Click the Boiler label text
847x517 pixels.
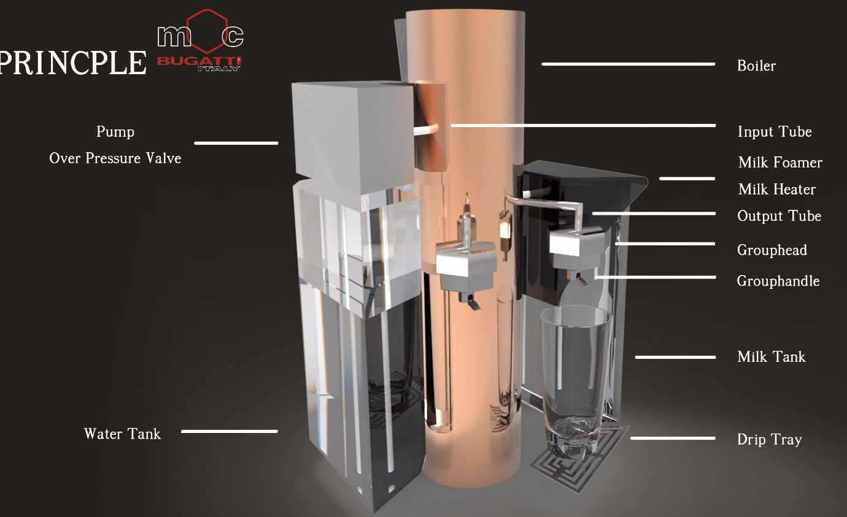tap(756, 66)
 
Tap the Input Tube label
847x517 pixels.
tap(775, 131)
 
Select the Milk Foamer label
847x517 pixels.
tap(780, 162)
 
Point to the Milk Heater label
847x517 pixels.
tap(776, 189)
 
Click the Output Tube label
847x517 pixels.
tap(779, 216)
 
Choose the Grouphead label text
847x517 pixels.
tap(772, 250)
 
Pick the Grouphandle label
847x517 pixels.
tap(778, 281)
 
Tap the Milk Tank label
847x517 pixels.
tap(772, 357)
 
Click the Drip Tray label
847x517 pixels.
tap(770, 440)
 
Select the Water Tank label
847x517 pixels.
tap(122, 434)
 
